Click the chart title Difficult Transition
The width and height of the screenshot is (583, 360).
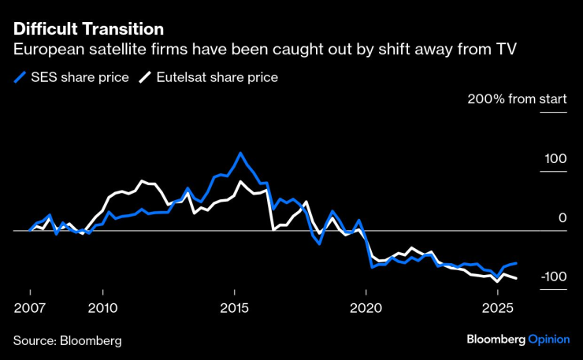(88, 29)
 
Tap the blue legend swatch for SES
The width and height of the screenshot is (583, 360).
(20, 77)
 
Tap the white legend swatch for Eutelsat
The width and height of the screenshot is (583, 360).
(146, 77)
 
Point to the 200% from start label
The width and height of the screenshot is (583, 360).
(517, 100)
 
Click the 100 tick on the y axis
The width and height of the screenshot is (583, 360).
(555, 159)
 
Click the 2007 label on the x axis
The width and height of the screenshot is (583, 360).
(29, 306)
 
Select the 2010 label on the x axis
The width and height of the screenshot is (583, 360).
(103, 306)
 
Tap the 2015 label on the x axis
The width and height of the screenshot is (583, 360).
(235, 306)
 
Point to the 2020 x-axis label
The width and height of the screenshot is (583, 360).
(366, 306)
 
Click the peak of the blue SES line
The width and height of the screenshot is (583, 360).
(240, 154)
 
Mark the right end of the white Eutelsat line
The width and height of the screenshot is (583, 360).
(516, 278)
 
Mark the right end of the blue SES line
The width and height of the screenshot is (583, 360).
(516, 263)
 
